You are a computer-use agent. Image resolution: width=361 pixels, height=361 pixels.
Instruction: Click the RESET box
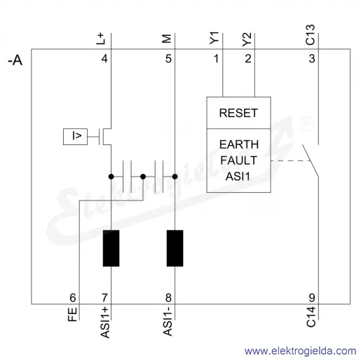tap(238, 113)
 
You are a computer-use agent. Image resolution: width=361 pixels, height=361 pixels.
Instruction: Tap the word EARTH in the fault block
tap(239, 144)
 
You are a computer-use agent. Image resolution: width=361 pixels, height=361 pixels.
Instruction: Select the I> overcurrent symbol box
tap(75, 137)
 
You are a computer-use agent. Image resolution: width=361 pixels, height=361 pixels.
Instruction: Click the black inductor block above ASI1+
tap(111, 248)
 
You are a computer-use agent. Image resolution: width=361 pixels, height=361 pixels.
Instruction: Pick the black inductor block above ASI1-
tap(175, 248)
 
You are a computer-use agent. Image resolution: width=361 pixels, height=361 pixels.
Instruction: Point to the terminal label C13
tap(311, 35)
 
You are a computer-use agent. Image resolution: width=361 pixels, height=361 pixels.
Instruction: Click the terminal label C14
tap(311, 317)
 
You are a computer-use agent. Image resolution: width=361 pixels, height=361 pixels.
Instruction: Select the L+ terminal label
tap(101, 39)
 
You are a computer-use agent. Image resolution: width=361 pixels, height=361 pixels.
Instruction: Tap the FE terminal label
tap(72, 314)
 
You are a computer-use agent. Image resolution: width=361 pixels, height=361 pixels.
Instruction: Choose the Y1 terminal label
tap(214, 38)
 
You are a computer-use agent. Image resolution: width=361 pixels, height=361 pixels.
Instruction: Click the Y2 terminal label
tap(247, 39)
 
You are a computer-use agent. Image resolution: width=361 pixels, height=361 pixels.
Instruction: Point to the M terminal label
tap(167, 39)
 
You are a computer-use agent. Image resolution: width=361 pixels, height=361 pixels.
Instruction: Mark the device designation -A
tap(15, 60)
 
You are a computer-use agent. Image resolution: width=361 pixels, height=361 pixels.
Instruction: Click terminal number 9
tap(312, 298)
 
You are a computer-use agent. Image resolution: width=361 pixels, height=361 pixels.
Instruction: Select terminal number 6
tap(73, 298)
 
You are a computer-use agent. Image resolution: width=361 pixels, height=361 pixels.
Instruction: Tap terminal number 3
tap(312, 59)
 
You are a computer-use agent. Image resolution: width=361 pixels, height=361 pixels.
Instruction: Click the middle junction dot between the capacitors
tap(143, 177)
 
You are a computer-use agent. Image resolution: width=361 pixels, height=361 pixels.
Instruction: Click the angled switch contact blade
tap(311, 161)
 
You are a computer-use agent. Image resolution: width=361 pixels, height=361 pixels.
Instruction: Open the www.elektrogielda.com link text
tap(300, 351)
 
